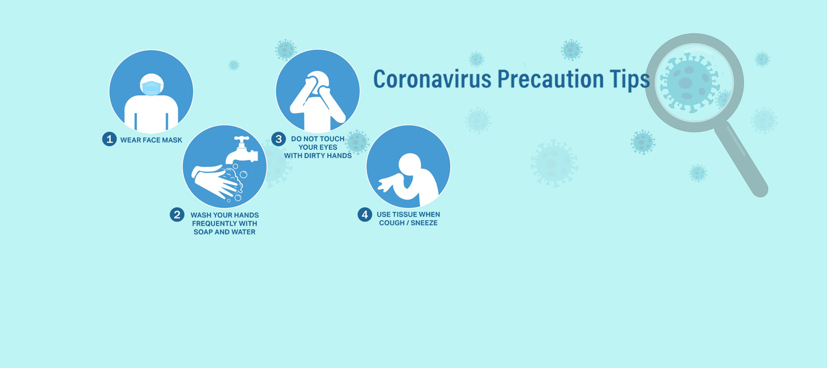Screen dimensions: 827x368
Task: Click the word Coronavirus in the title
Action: pos(432,79)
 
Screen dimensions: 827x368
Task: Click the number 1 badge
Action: pos(109,139)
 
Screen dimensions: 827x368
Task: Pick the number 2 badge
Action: pos(177,214)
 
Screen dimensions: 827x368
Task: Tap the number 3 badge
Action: pos(279,139)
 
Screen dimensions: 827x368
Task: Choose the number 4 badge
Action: pos(365,214)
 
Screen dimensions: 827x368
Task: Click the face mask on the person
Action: pos(151,88)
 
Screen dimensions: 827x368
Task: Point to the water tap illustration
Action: pos(242,150)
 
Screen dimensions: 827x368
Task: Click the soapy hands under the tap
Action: pos(218,182)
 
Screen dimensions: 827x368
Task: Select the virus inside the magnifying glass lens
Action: pos(689,83)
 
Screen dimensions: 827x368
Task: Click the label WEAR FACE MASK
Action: pos(151,140)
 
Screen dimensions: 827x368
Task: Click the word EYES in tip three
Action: pos(328,147)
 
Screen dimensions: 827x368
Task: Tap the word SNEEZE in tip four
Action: pos(424,223)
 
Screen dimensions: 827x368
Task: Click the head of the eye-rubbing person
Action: pos(318,82)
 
